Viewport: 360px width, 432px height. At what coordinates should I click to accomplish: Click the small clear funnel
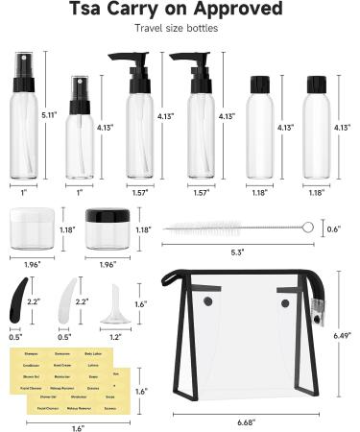[x=117, y=302]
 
